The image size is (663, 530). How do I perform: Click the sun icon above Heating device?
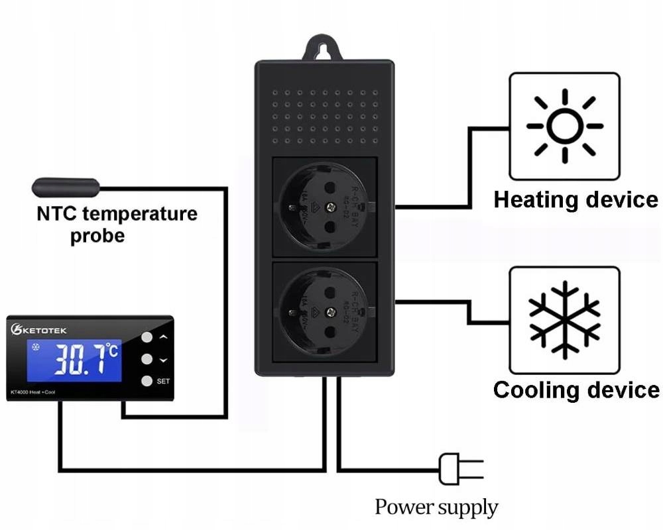564,126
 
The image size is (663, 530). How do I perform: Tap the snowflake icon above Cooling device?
564,319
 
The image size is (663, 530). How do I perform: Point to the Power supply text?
436,507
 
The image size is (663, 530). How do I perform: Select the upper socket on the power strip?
324,206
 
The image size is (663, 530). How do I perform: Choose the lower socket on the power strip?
324,311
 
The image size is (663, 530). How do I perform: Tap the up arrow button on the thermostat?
147,337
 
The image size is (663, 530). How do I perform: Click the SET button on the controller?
147,381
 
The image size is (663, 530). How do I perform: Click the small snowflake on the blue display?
36,347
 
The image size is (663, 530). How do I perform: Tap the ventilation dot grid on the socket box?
324,116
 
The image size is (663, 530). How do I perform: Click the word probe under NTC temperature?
97,237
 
